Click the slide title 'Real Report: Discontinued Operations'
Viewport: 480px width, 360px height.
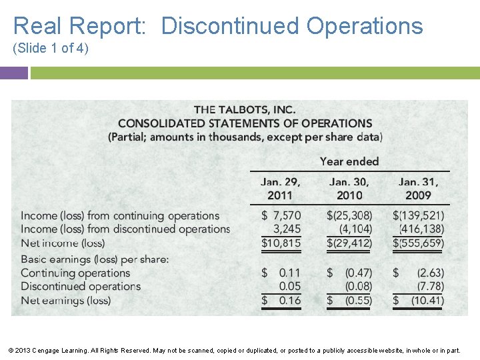click(218, 26)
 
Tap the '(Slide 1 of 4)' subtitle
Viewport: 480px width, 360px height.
click(51, 49)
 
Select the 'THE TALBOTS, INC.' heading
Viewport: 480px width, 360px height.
click(245, 109)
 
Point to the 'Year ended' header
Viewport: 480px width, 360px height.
click(349, 161)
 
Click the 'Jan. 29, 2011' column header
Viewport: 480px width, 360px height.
click(280, 188)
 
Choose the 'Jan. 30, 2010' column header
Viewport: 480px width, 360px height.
click(349, 188)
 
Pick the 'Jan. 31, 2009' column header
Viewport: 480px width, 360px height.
click(418, 188)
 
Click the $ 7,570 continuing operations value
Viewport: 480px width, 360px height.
click(281, 215)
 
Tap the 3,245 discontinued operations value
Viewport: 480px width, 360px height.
click(287, 229)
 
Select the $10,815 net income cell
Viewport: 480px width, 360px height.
click(281, 243)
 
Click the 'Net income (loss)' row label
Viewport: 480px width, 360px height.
click(63, 243)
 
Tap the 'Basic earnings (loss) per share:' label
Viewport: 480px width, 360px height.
click(95, 259)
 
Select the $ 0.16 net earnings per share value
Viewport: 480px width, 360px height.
click(281, 300)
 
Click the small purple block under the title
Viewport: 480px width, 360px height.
click(13, 73)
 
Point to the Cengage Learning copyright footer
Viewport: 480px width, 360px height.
click(240, 350)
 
